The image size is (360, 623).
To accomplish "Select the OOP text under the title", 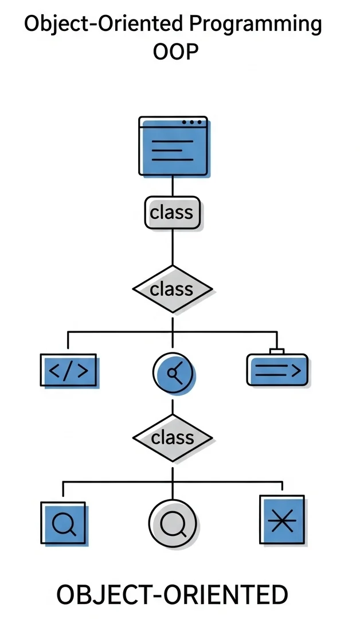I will (176, 53).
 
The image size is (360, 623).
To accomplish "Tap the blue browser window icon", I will (173, 146).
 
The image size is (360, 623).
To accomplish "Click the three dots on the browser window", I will (191, 122).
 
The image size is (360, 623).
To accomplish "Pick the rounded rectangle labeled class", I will (172, 213).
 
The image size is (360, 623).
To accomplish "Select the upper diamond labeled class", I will (172, 289).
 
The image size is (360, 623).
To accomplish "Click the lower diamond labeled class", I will (172, 438).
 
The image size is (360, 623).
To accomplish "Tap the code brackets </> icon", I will (69, 371).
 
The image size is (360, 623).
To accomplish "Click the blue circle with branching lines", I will (174, 373).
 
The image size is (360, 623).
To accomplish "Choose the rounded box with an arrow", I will (277, 370).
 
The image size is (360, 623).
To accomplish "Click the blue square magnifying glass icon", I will (63, 523).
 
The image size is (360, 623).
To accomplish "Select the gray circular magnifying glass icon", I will (173, 523).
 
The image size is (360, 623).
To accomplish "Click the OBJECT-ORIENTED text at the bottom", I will (172, 595).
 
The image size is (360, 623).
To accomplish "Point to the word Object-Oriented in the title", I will (103, 25).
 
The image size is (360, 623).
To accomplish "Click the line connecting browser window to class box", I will (173, 186).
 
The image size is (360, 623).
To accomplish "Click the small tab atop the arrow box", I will (276, 351).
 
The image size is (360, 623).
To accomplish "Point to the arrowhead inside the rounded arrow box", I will (295, 371).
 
